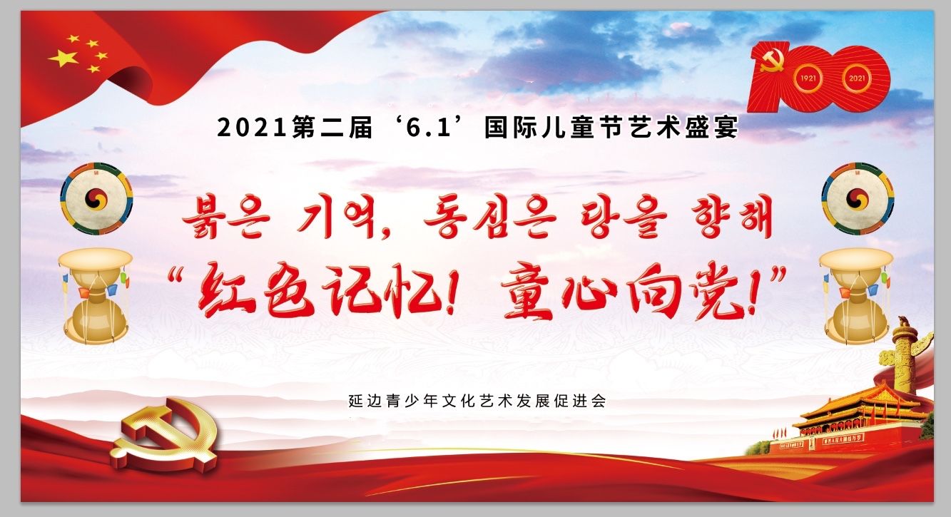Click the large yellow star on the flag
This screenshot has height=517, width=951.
[63, 58]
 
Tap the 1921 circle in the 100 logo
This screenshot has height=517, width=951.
[808, 78]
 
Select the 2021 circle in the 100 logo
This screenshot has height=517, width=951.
[857, 78]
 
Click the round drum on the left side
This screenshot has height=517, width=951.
[96, 199]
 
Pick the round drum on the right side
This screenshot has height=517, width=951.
[858, 199]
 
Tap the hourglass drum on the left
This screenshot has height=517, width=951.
[96, 296]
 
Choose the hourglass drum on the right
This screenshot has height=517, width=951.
[857, 296]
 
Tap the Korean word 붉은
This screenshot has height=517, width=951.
[226, 220]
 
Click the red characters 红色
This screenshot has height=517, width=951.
[256, 290]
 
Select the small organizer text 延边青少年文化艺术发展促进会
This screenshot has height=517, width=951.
[477, 401]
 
